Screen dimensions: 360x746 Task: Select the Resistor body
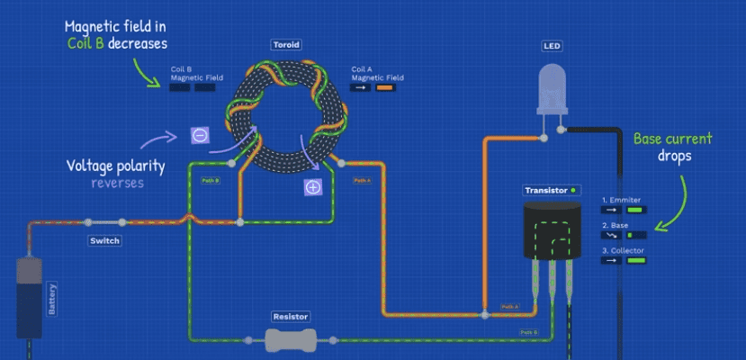point(291,339)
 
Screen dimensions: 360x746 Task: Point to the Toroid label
point(285,43)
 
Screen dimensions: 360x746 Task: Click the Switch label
point(104,241)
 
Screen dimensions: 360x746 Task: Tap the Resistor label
point(291,317)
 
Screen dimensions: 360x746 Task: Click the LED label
point(552,45)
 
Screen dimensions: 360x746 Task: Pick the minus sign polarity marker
point(200,136)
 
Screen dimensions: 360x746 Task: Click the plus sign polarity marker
point(312,187)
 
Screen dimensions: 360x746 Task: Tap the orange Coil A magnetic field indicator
point(386,88)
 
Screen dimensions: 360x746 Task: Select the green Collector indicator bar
point(636,260)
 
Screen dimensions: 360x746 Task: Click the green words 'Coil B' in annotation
point(85,42)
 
